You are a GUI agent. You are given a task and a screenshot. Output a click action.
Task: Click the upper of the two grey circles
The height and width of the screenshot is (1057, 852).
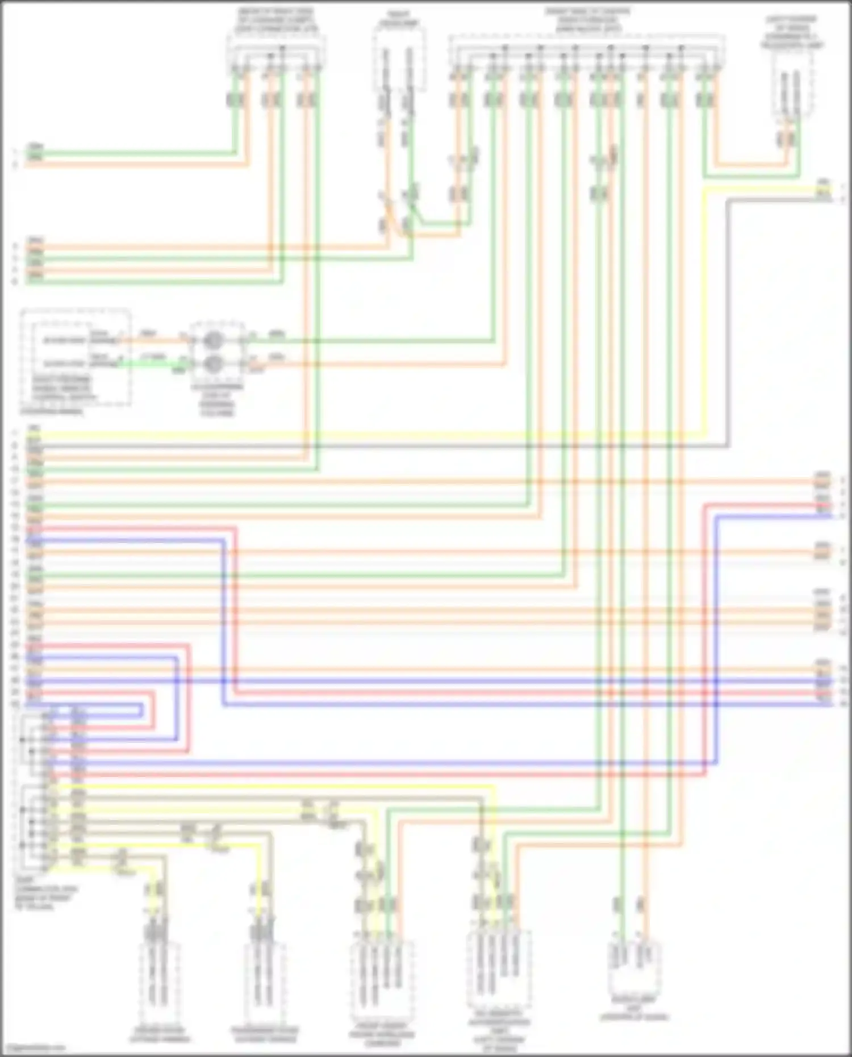coord(214,340)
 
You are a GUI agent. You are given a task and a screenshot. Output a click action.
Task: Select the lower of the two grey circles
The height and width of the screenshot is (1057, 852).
coord(214,363)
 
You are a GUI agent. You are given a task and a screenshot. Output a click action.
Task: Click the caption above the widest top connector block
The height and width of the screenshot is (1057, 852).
coord(587,20)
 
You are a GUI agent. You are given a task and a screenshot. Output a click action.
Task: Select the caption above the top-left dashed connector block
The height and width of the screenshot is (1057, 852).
coord(277,20)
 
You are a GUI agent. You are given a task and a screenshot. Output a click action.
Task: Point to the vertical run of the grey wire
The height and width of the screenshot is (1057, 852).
coord(728,324)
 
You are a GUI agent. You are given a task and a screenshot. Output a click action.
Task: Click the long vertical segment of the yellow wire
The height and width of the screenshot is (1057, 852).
coord(705,312)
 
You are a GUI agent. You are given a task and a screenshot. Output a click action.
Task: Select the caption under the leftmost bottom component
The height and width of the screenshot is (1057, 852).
coord(160,1034)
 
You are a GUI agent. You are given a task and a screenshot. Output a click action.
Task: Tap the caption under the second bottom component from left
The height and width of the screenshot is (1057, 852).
coord(265,1034)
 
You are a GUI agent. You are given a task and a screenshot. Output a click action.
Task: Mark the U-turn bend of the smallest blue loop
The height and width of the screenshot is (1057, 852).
coord(140,711)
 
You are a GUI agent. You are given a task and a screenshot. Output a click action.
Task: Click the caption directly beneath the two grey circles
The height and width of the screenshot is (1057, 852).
coord(216,400)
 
